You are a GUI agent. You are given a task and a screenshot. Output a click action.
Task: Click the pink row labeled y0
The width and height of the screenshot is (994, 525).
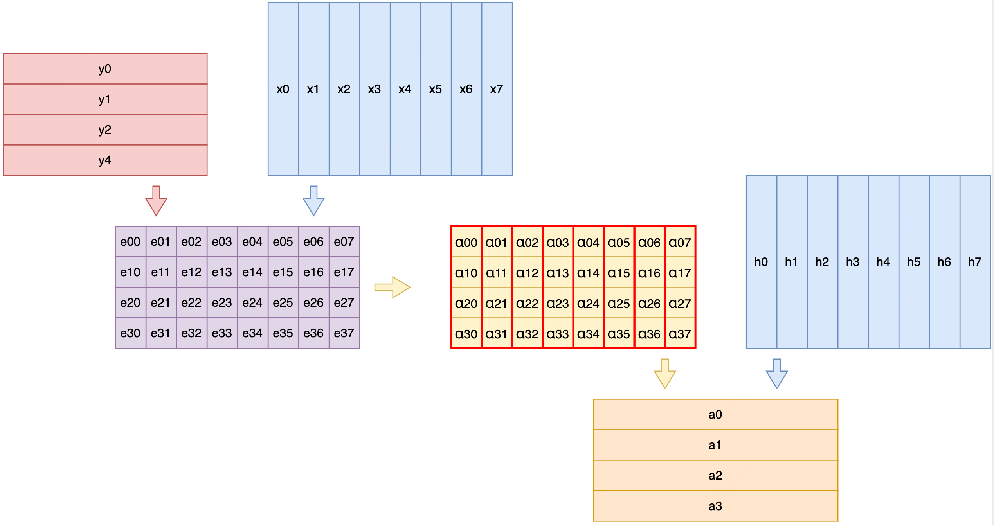pyautogui.click(x=105, y=69)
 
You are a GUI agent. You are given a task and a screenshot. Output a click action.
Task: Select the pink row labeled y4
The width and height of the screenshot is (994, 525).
pyautogui.click(x=105, y=160)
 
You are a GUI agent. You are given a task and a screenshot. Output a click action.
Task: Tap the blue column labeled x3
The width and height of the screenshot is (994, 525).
pyautogui.click(x=375, y=89)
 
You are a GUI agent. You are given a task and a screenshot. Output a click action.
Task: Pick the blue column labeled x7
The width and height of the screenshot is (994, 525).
pyautogui.click(x=497, y=89)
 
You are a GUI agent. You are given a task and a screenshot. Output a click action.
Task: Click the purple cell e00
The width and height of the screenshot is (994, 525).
pyautogui.click(x=130, y=242)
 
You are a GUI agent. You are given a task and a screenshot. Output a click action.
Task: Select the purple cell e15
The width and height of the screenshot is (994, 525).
pyautogui.click(x=283, y=272)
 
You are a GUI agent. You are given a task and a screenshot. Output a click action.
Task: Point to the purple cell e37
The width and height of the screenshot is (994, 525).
pyautogui.click(x=344, y=333)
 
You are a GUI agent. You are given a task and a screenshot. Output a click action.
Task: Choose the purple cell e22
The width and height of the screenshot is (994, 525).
pyautogui.click(x=191, y=303)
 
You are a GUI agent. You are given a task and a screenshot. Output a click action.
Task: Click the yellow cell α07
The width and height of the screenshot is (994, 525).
pyautogui.click(x=680, y=243)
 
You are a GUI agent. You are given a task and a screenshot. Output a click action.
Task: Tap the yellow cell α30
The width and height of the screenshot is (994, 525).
pyautogui.click(x=466, y=334)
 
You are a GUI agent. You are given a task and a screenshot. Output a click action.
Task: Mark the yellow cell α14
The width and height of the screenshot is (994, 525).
pyautogui.click(x=588, y=273)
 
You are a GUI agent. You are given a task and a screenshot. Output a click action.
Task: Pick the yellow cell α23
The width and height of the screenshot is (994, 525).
pyautogui.click(x=558, y=304)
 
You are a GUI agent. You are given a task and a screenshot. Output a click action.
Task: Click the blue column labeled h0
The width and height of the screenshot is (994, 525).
pyautogui.click(x=761, y=262)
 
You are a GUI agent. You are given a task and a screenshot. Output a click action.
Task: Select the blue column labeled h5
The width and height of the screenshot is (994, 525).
pyautogui.click(x=914, y=262)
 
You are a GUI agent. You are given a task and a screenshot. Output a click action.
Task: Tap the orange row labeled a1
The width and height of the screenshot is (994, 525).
pyautogui.click(x=715, y=445)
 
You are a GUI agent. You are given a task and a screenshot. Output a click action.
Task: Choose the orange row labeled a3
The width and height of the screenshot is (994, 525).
pyautogui.click(x=715, y=506)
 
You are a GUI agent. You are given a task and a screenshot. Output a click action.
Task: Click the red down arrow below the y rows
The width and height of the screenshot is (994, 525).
pyautogui.click(x=156, y=201)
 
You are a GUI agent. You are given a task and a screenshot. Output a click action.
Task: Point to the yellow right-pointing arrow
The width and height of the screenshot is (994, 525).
pyautogui.click(x=393, y=288)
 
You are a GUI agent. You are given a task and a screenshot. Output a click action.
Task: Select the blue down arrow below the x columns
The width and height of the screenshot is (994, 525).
pyautogui.click(x=313, y=201)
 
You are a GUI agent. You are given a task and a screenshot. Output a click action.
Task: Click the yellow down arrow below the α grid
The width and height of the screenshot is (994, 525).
pyautogui.click(x=665, y=374)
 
